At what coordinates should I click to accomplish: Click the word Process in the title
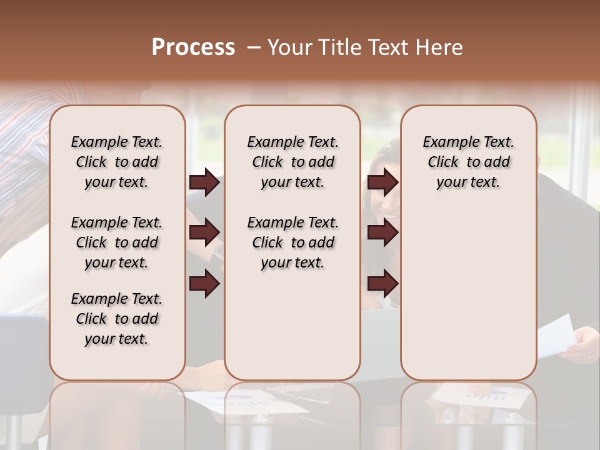coord(193,47)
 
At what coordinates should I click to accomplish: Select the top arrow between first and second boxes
coord(204,182)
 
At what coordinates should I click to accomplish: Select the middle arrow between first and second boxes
coord(204,232)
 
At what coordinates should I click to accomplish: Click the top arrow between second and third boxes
coord(383,182)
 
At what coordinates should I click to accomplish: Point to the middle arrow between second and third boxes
coord(383,232)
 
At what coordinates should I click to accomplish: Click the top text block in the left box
coord(116,162)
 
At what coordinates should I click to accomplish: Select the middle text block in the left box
coord(116,242)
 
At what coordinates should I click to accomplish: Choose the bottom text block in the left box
coord(116,319)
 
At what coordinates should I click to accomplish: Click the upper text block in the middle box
coord(292,162)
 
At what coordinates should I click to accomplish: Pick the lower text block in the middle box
coord(292,242)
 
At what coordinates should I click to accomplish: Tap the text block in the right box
coord(468,162)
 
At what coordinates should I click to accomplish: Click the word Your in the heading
coord(289,47)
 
